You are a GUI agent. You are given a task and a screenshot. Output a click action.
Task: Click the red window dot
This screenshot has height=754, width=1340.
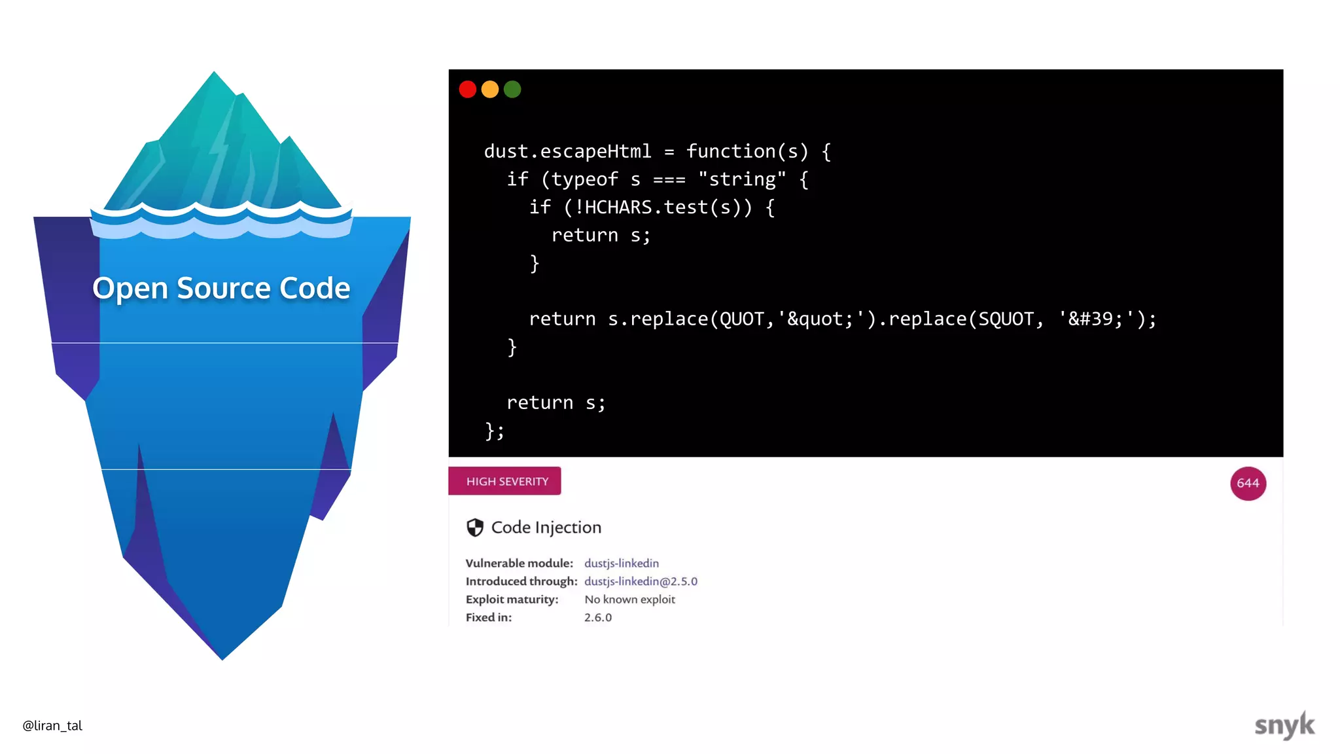pos(467,89)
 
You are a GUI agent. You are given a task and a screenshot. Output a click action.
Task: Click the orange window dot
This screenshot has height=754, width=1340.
pos(490,89)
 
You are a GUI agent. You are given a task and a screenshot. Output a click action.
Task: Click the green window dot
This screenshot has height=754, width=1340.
pos(512,89)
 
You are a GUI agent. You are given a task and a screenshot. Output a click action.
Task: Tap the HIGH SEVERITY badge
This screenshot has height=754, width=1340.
pos(505,481)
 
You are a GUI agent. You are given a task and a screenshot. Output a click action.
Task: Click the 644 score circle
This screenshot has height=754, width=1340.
pos(1248,483)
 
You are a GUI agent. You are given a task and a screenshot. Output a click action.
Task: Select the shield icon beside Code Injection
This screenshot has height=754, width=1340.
pos(475,528)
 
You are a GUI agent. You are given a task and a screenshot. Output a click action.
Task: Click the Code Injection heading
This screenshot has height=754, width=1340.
pos(546,528)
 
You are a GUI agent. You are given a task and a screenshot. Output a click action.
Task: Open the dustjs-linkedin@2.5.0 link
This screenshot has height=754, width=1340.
pos(641,581)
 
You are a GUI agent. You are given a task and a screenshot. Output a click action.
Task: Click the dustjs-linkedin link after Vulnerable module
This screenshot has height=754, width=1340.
pos(621,563)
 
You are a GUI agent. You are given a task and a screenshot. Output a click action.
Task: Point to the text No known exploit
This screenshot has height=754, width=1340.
pos(629,600)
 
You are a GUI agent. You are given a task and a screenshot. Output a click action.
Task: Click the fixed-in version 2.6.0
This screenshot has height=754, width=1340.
pos(597,617)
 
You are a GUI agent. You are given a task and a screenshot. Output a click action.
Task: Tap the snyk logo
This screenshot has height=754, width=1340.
pos(1284,725)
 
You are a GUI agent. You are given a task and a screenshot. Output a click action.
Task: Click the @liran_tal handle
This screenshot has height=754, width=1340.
pos(52,725)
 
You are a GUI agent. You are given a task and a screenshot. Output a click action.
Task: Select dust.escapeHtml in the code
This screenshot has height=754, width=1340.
pos(567,151)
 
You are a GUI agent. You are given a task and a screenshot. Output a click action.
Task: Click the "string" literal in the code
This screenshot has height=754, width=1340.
pos(741,179)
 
